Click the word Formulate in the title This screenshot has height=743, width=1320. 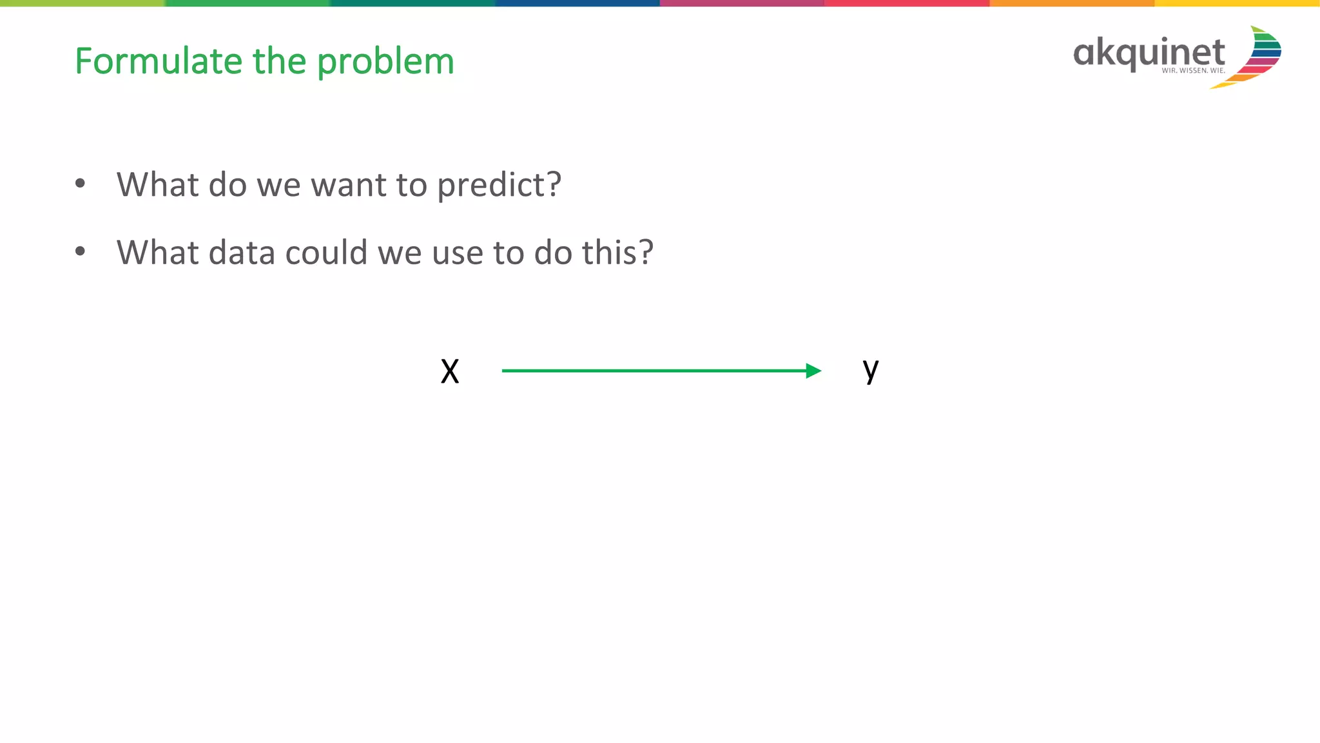[159, 61]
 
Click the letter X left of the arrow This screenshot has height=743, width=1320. [450, 372]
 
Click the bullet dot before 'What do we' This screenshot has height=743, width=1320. [80, 184]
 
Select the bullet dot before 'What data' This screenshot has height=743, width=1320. [80, 251]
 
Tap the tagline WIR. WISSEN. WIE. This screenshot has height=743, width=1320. [1193, 70]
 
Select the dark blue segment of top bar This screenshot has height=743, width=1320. [577, 3]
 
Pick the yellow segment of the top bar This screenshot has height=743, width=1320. [1236, 3]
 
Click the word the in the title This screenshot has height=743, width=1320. [279, 61]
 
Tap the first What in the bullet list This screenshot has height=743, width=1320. [157, 185]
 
